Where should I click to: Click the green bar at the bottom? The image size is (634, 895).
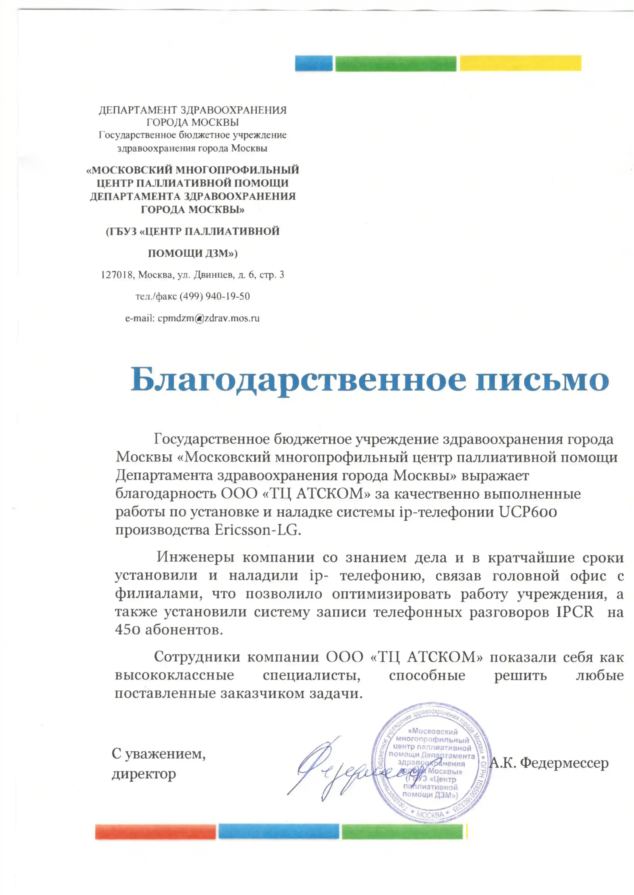(402, 831)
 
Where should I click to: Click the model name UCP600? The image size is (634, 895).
(528, 512)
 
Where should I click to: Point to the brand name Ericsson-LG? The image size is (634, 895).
(257, 530)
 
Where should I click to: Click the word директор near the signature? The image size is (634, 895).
(144, 774)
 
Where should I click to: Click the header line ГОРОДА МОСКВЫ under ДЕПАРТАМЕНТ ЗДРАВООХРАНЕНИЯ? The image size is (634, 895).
(192, 122)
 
